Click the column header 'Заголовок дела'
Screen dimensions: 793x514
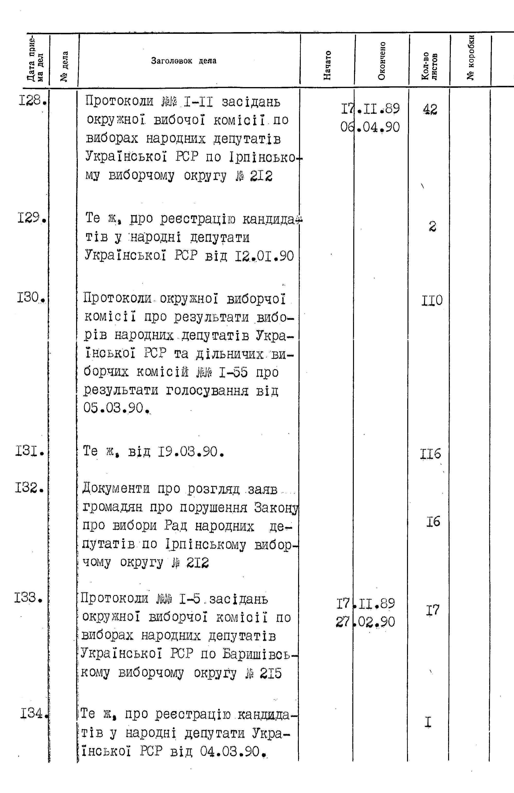point(184,61)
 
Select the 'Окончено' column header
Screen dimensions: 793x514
point(382,61)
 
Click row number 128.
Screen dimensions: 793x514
point(32,99)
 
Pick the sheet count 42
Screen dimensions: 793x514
point(430,109)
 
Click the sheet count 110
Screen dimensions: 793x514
point(432,301)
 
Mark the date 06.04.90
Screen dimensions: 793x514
point(370,127)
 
